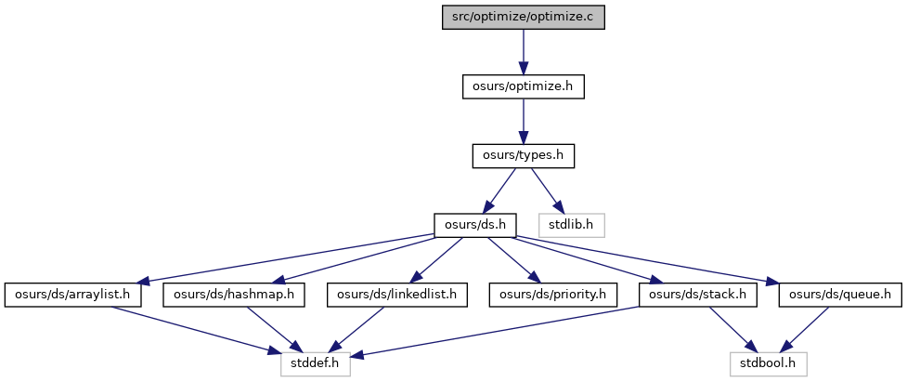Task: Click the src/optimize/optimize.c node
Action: pyautogui.click(x=523, y=18)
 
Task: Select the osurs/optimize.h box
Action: pyautogui.click(x=523, y=86)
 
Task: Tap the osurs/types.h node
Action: pyautogui.click(x=523, y=156)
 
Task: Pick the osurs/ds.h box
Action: pyautogui.click(x=475, y=225)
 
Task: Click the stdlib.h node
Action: pyautogui.click(x=572, y=225)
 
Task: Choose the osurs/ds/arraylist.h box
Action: pyautogui.click(x=73, y=295)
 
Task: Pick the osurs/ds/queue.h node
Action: pyautogui.click(x=840, y=295)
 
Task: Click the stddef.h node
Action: pyautogui.click(x=316, y=364)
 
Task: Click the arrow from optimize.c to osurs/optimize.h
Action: pyautogui.click(x=523, y=53)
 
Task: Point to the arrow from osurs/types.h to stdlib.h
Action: pyautogui.click(x=547, y=191)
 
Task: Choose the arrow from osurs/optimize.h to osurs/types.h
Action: pyautogui.click(x=523, y=122)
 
